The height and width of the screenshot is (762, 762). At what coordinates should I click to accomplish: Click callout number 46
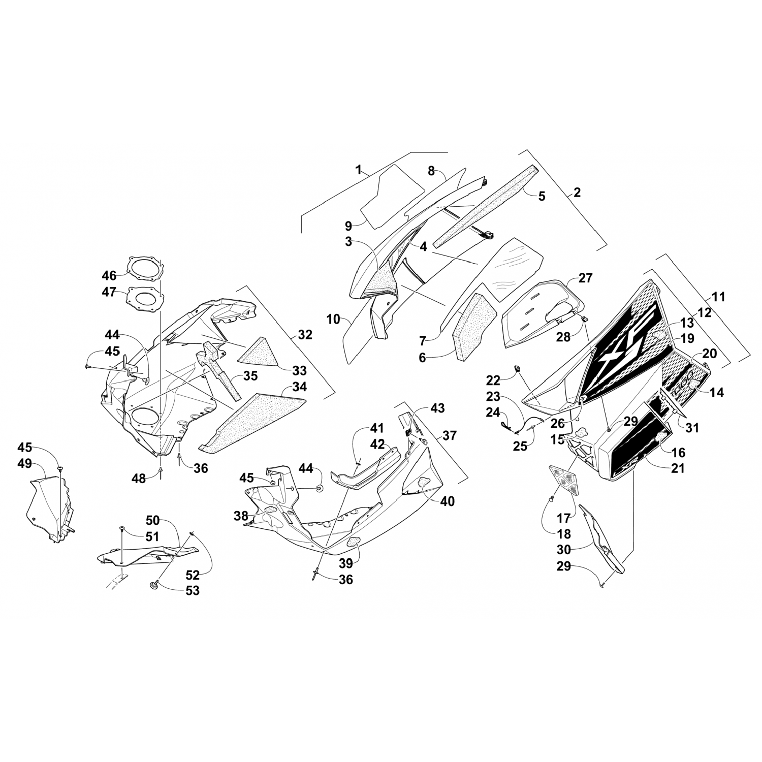(109, 276)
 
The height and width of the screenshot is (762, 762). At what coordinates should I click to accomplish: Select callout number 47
(109, 293)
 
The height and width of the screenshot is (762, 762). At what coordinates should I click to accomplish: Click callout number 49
(25, 463)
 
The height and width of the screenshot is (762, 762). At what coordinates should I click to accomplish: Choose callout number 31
(692, 428)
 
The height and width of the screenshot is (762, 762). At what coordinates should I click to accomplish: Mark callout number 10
(333, 320)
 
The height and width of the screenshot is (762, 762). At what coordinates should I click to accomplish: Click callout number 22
(493, 380)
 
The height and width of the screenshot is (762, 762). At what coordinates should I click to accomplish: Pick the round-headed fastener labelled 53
(153, 586)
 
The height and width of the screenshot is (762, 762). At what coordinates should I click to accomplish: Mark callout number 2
(577, 193)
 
